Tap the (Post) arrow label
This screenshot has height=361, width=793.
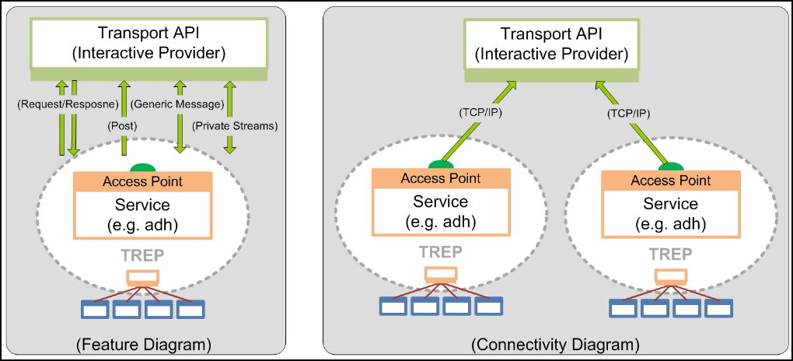coord(121,124)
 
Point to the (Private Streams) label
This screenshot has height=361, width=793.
coord(236,124)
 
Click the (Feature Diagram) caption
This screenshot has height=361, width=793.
coord(144,343)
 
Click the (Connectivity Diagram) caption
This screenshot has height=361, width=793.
coord(555,343)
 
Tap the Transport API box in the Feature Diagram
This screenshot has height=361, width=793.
coord(148,44)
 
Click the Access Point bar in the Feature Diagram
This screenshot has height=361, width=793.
coord(142,181)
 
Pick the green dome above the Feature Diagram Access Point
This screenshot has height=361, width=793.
coord(142,167)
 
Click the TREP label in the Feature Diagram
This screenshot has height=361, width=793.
coord(143,256)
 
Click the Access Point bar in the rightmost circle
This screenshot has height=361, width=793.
coord(670,180)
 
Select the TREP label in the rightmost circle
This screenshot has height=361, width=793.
coord(670,254)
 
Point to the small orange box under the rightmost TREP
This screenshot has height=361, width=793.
coord(670,275)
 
